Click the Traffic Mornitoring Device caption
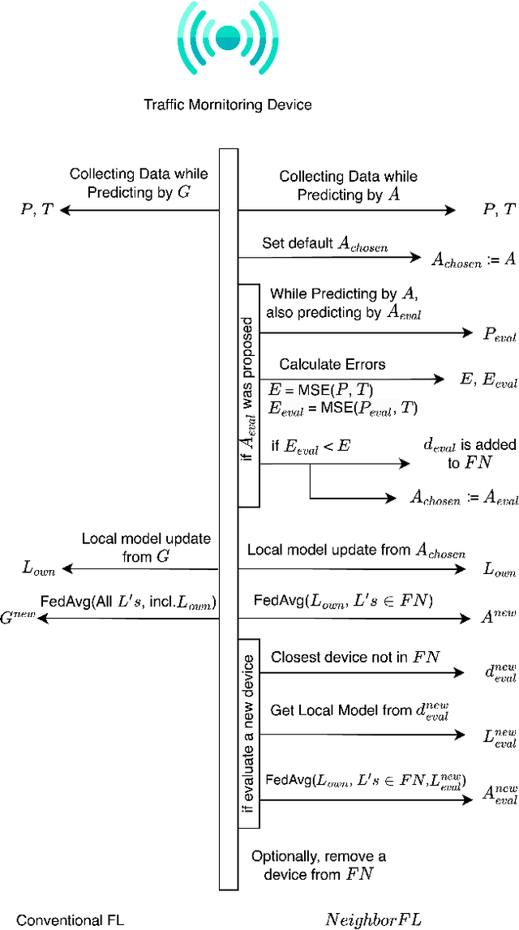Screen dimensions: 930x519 tap(227, 105)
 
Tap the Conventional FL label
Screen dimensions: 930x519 tap(71, 919)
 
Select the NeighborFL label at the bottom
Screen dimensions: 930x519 tap(373, 919)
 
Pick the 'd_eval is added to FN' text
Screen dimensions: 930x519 tap(457, 453)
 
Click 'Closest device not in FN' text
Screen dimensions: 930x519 tap(355, 657)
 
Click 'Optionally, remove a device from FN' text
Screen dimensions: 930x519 tap(319, 864)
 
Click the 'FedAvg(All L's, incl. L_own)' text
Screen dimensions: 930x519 tap(128, 602)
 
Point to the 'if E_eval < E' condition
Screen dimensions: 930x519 tap(311, 445)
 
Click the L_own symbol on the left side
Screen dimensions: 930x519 tap(38, 570)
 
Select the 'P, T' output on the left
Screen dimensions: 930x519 tap(37, 209)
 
